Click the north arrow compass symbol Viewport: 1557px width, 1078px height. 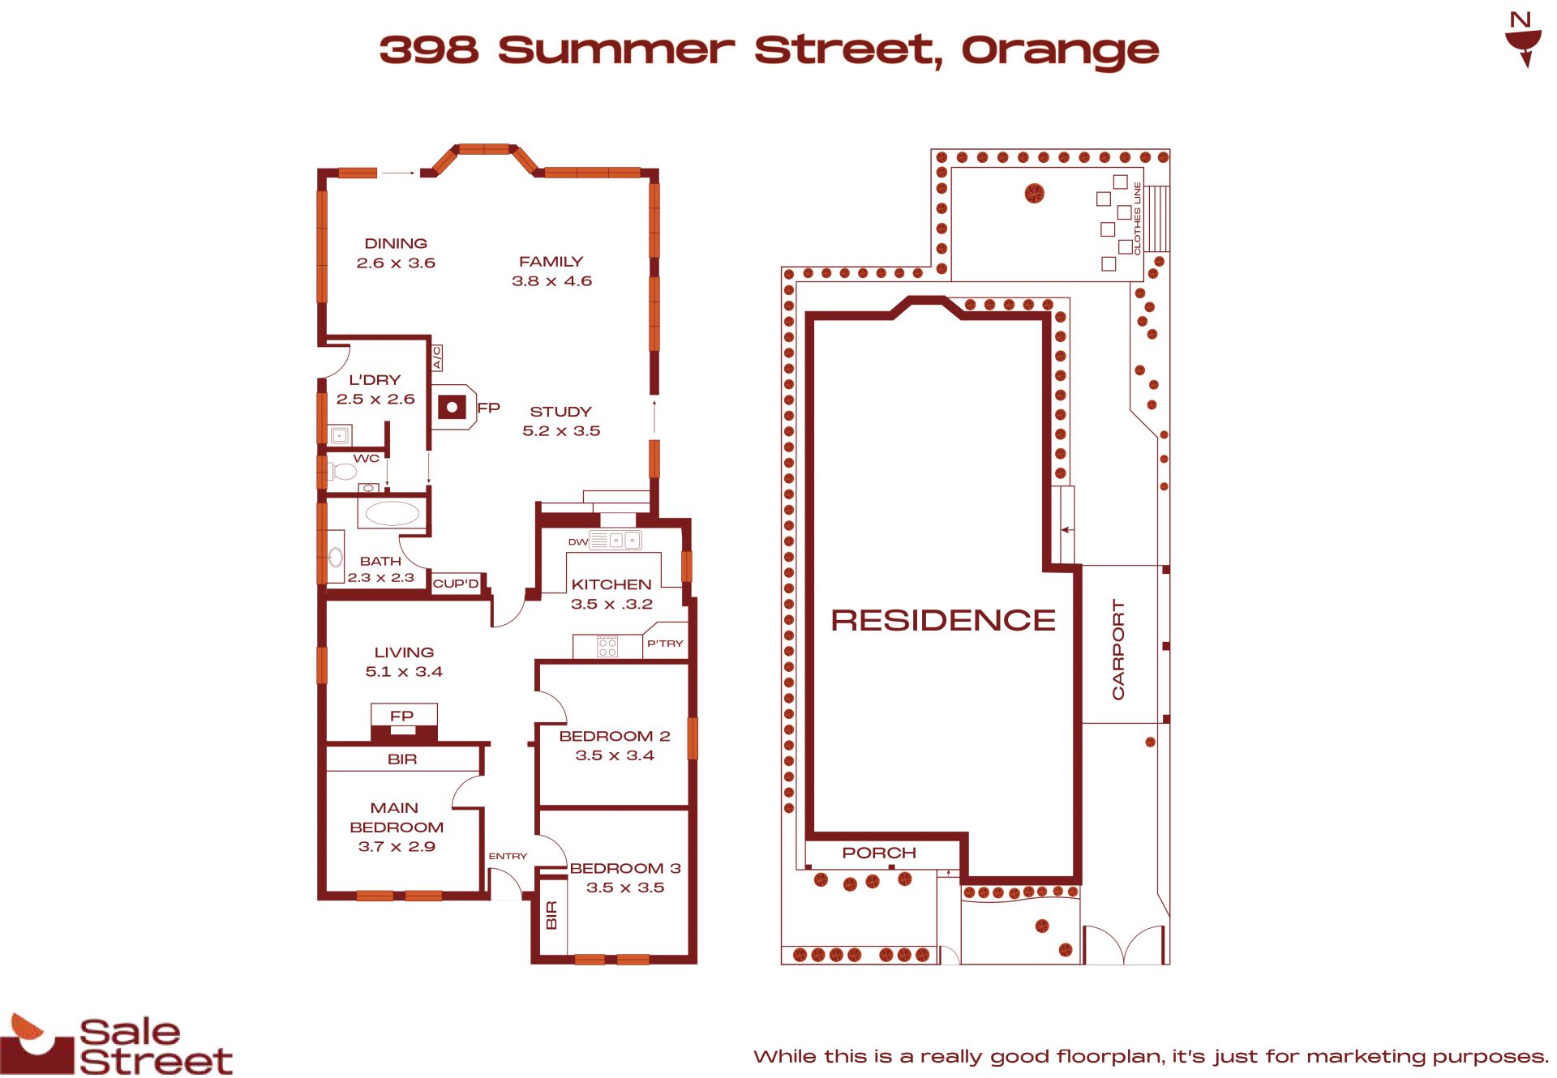(1522, 40)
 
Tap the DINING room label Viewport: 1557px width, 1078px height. (396, 243)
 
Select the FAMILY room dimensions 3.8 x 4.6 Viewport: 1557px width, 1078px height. (551, 281)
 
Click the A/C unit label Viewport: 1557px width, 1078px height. (436, 357)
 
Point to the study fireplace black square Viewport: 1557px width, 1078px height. (453, 406)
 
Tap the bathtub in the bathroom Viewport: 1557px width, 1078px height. (392, 513)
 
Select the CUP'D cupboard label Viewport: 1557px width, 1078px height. (456, 584)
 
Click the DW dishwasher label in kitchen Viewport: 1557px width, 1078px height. (578, 542)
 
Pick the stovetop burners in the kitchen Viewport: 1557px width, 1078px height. (607, 646)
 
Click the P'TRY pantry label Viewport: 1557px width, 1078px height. (665, 644)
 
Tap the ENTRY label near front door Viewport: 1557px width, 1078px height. (508, 856)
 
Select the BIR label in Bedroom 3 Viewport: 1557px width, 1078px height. (551, 916)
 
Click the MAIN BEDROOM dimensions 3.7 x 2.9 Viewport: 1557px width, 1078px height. (397, 847)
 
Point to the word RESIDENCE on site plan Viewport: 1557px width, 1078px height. (943, 621)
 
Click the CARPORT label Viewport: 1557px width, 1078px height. (1118, 650)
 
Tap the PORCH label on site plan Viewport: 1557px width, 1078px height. (879, 853)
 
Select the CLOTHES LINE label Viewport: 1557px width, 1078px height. (1137, 219)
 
